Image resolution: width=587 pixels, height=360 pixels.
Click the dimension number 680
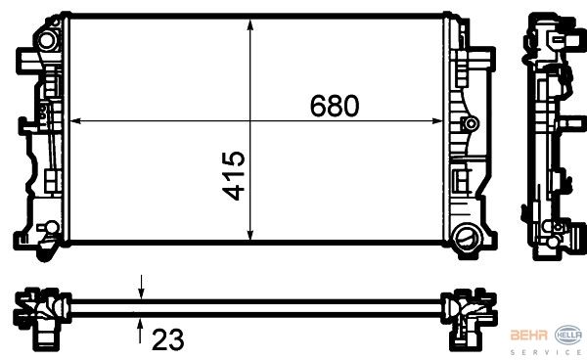(x=335, y=106)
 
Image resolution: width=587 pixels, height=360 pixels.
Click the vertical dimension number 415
(x=233, y=175)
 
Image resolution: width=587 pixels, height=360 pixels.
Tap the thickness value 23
(x=167, y=339)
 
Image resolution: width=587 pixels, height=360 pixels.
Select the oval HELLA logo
(x=568, y=336)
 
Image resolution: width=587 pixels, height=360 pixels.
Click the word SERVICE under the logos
(x=546, y=352)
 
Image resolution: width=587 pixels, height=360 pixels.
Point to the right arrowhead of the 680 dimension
(x=437, y=121)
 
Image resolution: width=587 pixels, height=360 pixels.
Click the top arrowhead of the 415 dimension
(x=250, y=24)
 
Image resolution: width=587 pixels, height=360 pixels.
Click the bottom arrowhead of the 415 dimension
(x=250, y=234)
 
